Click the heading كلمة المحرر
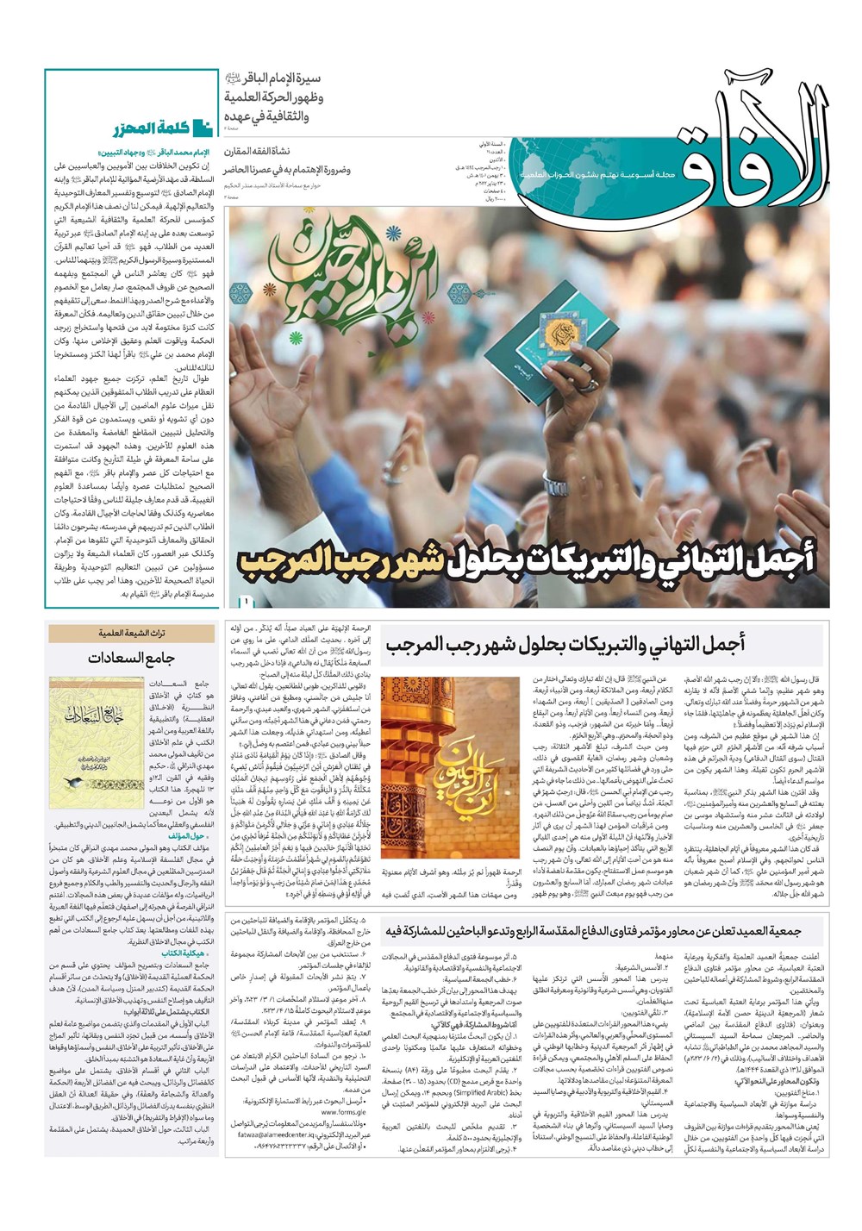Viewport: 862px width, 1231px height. pyautogui.click(x=150, y=129)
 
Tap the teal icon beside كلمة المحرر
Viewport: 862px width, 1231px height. pyautogui.click(x=203, y=129)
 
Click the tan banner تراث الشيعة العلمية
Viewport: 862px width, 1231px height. pyautogui.click(x=132, y=634)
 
